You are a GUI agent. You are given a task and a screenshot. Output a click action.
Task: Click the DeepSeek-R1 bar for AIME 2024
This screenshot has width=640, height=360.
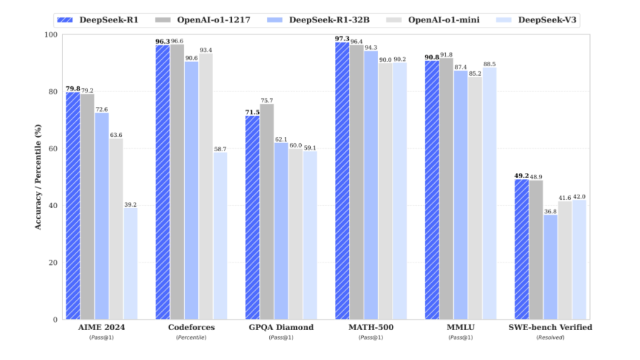click(72, 206)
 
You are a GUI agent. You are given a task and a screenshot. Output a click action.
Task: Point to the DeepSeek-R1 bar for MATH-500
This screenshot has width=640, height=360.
click(342, 181)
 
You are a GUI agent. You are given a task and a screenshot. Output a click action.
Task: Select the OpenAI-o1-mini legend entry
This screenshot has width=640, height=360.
click(438, 19)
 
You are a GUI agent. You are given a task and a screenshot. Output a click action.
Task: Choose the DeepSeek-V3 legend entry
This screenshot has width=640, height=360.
click(543, 19)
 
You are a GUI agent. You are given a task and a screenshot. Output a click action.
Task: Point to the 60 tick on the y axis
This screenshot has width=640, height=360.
click(53, 149)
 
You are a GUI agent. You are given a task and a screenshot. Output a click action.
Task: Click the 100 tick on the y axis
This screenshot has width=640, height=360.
click(51, 34)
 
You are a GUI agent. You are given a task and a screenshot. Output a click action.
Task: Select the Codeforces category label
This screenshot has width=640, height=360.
click(191, 327)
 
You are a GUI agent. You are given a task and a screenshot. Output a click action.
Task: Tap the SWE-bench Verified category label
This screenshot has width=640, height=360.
click(550, 327)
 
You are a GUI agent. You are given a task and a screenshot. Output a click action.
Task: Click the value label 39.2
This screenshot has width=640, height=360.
click(130, 204)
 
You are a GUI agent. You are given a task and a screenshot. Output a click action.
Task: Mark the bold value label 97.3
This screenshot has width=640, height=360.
click(342, 38)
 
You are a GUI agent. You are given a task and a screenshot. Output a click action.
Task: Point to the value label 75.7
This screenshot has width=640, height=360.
click(267, 100)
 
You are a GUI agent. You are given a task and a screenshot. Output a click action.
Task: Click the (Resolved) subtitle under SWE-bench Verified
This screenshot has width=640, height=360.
click(550, 337)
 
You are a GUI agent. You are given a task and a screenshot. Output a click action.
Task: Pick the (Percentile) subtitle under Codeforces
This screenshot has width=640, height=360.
click(191, 337)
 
